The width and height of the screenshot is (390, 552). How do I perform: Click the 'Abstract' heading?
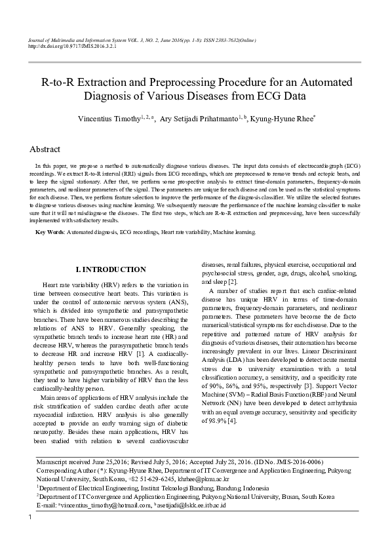pyautogui.click(x=45, y=149)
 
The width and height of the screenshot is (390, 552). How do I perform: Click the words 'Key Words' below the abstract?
pyautogui.click(x=49, y=232)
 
